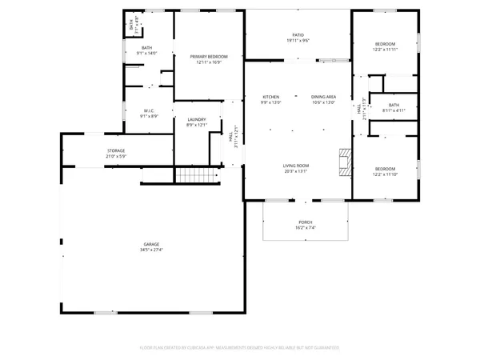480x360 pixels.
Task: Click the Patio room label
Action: point(298,35)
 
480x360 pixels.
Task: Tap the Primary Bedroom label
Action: point(209,57)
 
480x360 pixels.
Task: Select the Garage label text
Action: point(150,244)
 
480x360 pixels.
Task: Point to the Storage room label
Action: point(116,150)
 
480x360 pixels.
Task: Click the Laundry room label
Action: point(197,120)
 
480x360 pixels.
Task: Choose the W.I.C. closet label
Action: point(149,110)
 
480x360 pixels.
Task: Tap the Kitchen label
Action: point(270,97)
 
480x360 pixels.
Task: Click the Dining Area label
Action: point(323,97)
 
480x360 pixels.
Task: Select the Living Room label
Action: point(296,166)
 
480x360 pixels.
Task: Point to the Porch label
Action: point(306,222)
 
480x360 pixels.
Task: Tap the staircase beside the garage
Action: point(197,175)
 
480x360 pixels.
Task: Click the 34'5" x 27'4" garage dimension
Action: point(150,250)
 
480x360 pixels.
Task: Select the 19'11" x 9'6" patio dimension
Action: point(298,41)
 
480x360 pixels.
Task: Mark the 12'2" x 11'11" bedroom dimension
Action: point(386,50)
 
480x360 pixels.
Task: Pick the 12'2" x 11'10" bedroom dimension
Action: point(386,174)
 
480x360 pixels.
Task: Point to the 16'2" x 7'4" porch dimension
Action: point(306,228)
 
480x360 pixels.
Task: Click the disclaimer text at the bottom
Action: point(240,348)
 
